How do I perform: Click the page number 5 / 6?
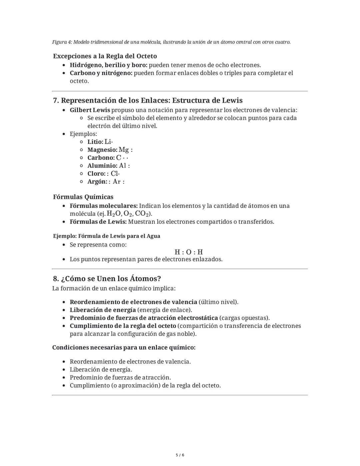pos(180,455)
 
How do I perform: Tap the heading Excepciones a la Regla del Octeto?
pos(105,56)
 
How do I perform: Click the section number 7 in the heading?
pos(55,100)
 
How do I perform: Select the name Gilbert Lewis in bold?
pos(90,110)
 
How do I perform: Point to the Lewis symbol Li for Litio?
pos(108,142)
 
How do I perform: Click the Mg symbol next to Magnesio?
pos(124,150)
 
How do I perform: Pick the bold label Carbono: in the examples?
pos(101,158)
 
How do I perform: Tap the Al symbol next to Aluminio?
pos(122,166)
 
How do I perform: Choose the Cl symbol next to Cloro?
pos(115,174)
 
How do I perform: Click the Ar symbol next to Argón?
pos(117,182)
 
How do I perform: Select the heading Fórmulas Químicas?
pos(83,197)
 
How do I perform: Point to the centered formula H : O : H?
pos(189,252)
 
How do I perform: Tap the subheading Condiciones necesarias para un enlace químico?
pos(124,348)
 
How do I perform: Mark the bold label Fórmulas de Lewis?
pos(98,222)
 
